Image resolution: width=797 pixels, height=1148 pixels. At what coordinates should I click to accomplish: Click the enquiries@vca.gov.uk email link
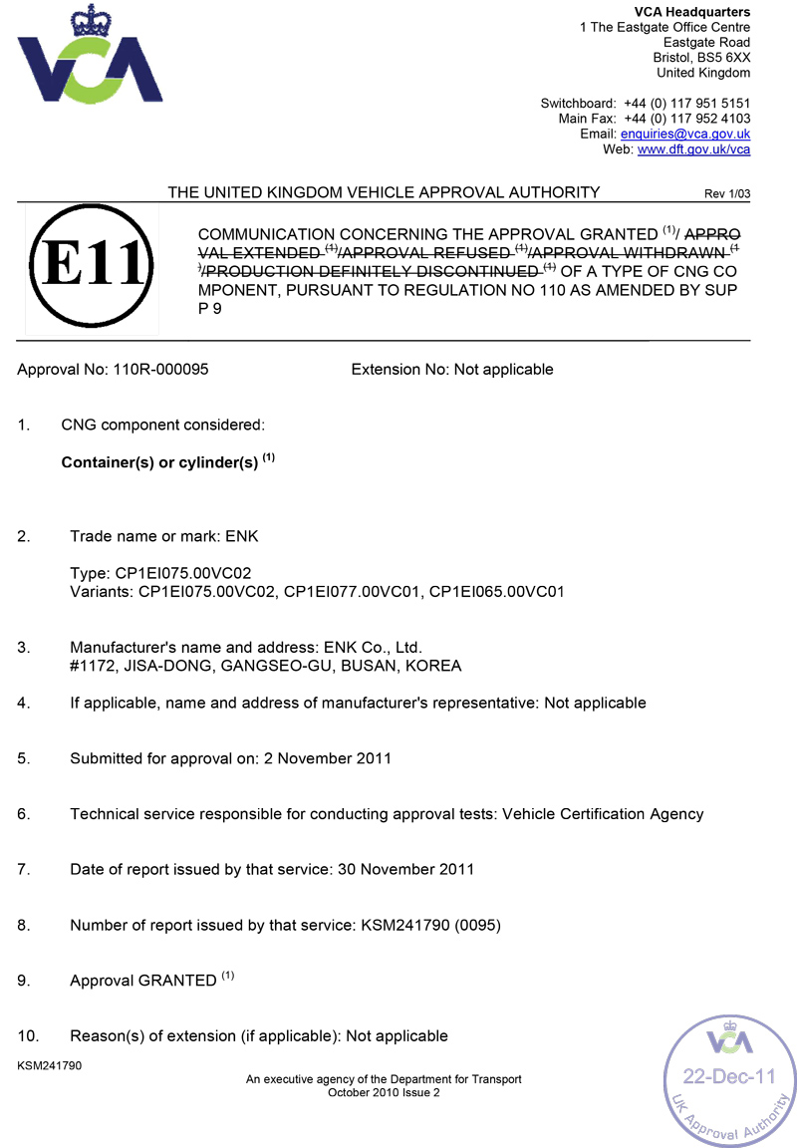click(685, 134)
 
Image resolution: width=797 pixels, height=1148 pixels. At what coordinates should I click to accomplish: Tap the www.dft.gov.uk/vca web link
click(693, 149)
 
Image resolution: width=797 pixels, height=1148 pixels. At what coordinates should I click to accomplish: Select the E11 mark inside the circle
click(92, 267)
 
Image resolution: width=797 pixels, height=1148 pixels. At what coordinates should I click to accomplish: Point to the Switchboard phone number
click(686, 103)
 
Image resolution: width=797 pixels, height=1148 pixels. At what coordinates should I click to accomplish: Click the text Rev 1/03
click(727, 193)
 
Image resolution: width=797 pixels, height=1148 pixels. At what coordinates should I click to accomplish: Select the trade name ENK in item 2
click(242, 536)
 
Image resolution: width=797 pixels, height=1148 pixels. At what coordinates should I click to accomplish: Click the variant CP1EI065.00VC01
click(497, 592)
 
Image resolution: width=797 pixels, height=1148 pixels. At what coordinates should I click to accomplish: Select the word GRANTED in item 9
click(176, 981)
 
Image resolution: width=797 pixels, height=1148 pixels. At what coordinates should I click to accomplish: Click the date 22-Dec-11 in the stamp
click(728, 1076)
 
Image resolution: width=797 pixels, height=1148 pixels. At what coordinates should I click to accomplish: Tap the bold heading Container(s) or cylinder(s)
click(159, 463)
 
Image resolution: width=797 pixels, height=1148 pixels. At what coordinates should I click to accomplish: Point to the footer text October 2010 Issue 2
click(384, 1092)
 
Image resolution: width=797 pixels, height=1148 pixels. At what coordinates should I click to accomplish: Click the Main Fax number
click(686, 119)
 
